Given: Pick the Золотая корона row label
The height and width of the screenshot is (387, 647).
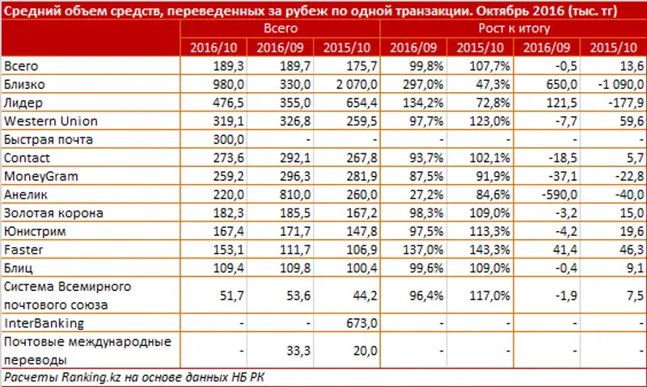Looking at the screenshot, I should pyautogui.click(x=49, y=212).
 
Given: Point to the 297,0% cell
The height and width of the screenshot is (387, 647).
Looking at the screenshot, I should pyautogui.click(x=415, y=85).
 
